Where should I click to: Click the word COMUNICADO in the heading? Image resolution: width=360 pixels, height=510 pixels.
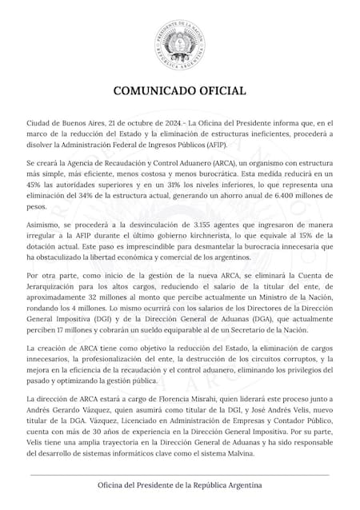152,90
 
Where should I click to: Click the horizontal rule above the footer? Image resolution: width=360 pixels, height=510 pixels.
180,476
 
